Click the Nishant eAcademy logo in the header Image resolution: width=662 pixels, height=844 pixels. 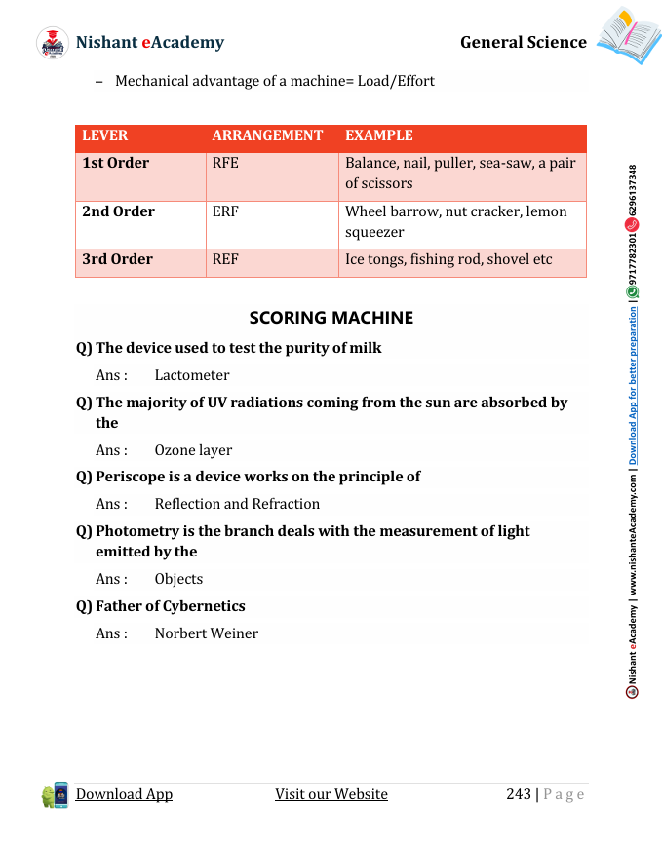(53, 43)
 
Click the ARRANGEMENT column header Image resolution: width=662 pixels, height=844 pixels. (267, 136)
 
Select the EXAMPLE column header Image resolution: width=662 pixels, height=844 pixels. (379, 136)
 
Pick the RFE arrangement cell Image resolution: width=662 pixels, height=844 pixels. (225, 163)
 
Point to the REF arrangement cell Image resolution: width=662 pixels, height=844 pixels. (225, 259)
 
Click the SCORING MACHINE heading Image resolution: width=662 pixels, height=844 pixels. (331, 318)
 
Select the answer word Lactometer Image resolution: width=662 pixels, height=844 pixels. (192, 375)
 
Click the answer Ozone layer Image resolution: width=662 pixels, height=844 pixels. (193, 450)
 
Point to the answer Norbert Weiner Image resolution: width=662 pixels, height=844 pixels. (207, 633)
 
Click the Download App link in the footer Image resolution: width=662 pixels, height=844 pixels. (124, 794)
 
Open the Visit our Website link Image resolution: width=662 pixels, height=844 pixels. (331, 794)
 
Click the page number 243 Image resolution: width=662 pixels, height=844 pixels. (519, 794)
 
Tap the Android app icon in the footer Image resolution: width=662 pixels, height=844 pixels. (55, 795)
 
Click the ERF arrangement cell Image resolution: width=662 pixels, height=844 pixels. (225, 211)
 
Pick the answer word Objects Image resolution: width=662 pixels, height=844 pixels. (178, 579)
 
